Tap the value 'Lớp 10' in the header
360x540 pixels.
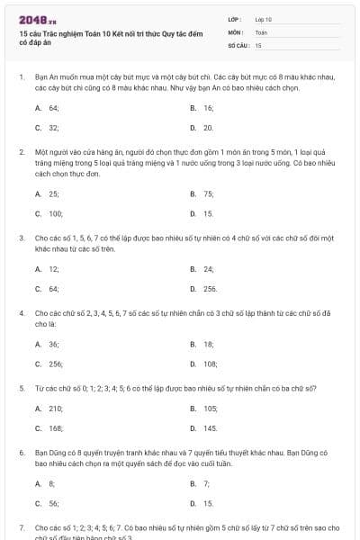[264, 19]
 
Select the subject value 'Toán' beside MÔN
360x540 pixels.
[261, 31]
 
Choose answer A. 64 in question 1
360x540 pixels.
[48, 108]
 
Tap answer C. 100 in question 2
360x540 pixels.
[49, 213]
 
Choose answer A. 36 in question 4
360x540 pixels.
[48, 344]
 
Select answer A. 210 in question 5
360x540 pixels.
[49, 409]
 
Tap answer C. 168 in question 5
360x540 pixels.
[49, 428]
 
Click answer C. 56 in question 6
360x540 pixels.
[48, 503]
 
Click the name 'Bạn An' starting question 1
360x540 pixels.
[46, 77]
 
